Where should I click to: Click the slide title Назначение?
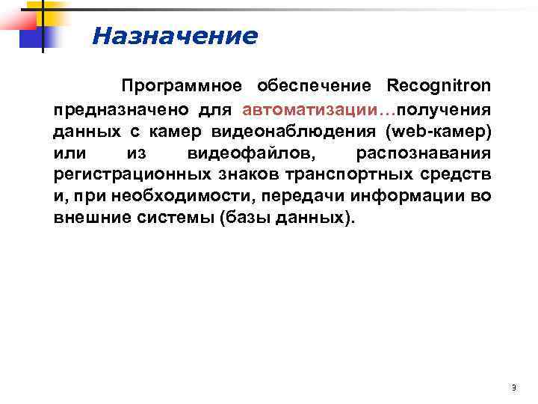coord(175,36)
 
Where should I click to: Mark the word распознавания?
coord(424,153)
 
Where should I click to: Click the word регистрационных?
coord(117,175)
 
